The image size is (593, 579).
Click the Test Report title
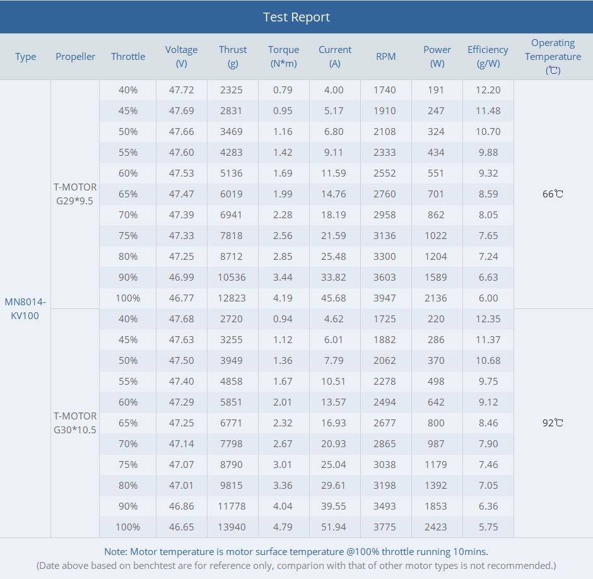click(x=296, y=17)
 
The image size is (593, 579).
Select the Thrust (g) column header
click(x=233, y=56)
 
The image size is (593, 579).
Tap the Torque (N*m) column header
click(x=284, y=56)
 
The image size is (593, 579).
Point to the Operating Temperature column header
click(x=553, y=56)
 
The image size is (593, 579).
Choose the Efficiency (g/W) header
click(x=488, y=56)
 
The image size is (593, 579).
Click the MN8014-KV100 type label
click(x=25, y=308)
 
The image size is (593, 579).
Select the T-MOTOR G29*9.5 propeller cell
click(x=75, y=194)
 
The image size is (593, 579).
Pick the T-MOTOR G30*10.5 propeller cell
click(x=75, y=423)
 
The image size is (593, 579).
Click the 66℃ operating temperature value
click(x=553, y=194)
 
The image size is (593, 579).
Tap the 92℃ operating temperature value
click(x=553, y=423)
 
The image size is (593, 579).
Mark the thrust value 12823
click(x=232, y=298)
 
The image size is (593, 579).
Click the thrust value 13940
click(x=232, y=527)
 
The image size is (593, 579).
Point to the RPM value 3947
click(x=385, y=298)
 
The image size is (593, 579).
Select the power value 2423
click(x=436, y=527)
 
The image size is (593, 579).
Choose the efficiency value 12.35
click(x=488, y=319)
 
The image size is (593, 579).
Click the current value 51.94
click(x=334, y=527)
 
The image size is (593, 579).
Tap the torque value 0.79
click(x=283, y=90)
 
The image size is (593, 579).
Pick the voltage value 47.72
click(x=181, y=90)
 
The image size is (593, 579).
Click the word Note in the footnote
click(x=115, y=552)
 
